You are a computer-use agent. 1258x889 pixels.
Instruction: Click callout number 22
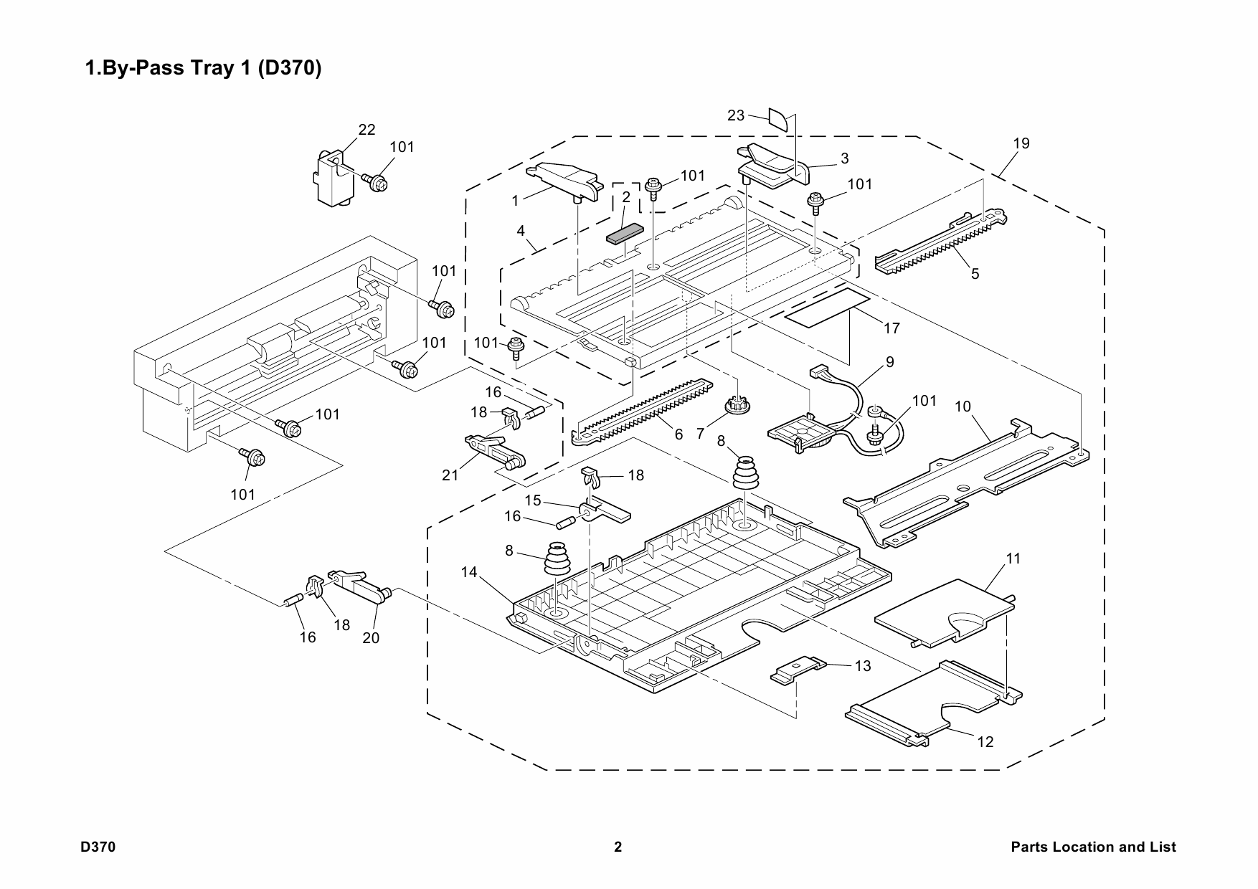[x=366, y=130]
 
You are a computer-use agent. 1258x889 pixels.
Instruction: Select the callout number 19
[x=1021, y=143]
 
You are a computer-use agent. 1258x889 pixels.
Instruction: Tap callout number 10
[x=963, y=407]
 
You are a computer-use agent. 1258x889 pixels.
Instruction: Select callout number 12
[x=985, y=742]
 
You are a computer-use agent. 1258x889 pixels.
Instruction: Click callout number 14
[x=469, y=571]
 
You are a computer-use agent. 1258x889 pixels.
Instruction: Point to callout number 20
[x=371, y=637]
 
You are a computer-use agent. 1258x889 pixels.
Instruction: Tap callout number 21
[x=450, y=475]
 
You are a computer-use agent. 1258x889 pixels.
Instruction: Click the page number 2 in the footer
[x=618, y=847]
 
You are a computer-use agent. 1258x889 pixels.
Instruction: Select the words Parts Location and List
[x=1093, y=847]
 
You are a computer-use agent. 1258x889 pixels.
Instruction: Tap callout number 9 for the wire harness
[x=890, y=362]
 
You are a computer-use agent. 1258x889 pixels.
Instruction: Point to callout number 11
[x=1013, y=558]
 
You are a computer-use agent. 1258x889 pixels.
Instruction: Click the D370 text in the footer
[x=98, y=847]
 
